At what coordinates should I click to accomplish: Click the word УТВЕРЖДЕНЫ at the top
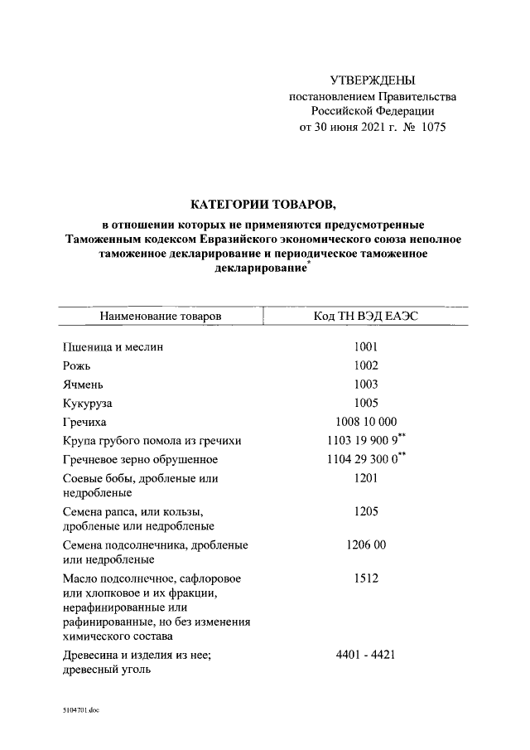372,80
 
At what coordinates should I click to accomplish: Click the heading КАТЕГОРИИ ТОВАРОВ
264,204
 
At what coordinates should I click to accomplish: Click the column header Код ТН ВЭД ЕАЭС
364,316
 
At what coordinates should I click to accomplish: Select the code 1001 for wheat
364,347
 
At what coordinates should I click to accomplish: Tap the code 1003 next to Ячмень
364,385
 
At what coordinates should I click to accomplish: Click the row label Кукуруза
87,404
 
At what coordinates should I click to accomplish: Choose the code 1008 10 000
364,422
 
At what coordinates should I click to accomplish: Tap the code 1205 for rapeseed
364,511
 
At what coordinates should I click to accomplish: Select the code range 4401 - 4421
364,655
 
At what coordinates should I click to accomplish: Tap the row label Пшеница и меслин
113,347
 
